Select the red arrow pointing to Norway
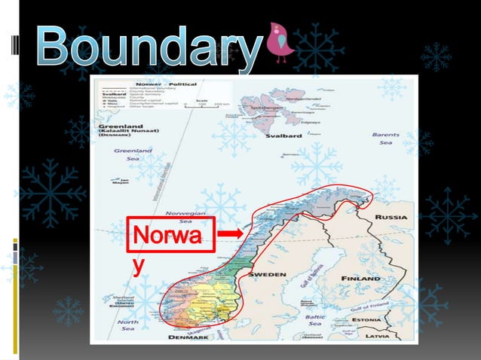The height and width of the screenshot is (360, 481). click(x=234, y=234)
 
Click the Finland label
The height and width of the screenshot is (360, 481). click(x=360, y=278)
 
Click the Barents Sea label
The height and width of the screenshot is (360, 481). click(x=385, y=139)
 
